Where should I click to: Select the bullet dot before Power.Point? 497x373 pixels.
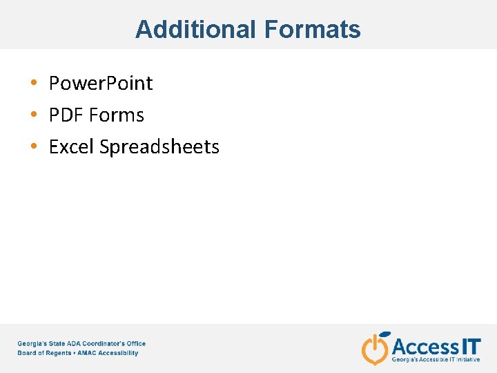pyautogui.click(x=34, y=84)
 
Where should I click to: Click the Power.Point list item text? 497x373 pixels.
pyautogui.click(x=101, y=84)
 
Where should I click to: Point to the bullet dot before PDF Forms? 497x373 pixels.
pyautogui.click(x=34, y=115)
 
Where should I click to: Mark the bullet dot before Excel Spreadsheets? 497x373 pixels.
pyautogui.click(x=34, y=147)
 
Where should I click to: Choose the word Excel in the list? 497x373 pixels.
pyautogui.click(x=72, y=147)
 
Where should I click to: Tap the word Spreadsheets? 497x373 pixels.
pyautogui.click(x=159, y=147)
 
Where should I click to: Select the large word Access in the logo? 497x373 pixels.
pyautogui.click(x=425, y=345)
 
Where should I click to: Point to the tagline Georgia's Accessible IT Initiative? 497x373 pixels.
pyautogui.click(x=436, y=360)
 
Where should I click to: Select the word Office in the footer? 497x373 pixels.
pyautogui.click(x=135, y=343)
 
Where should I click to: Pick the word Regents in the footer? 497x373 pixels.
pyautogui.click(x=59, y=353)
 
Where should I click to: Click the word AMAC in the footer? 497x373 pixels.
pyautogui.click(x=88, y=353)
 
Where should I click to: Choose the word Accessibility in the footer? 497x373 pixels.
pyautogui.click(x=119, y=353)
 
